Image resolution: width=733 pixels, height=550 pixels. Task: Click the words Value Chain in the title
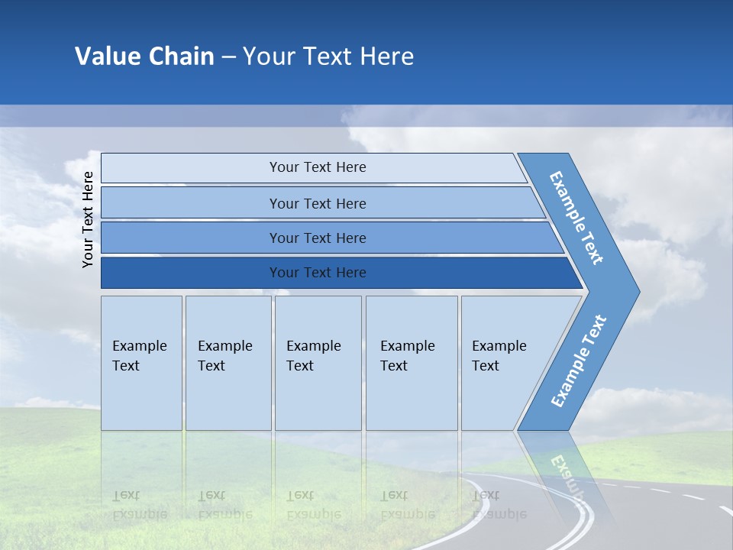[x=144, y=57]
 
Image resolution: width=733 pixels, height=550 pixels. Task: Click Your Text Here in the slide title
[x=328, y=57]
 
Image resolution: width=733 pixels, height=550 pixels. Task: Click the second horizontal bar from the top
[x=317, y=203]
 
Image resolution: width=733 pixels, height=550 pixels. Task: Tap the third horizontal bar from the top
[x=317, y=238]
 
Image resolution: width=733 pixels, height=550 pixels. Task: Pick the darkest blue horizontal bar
[x=317, y=273]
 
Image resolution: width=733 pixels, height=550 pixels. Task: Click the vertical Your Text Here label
[x=88, y=219]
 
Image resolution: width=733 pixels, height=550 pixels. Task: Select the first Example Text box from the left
[x=141, y=363]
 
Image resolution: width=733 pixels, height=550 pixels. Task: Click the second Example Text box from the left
[x=228, y=363]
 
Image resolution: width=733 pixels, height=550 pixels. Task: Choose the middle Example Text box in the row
[x=318, y=363]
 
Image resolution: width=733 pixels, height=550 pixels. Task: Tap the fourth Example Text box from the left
[x=412, y=363]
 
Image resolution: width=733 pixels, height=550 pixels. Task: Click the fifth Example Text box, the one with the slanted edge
[x=504, y=363]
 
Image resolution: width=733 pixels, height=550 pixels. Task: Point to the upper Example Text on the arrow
[x=576, y=218]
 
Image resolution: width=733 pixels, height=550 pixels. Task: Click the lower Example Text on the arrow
[x=578, y=361]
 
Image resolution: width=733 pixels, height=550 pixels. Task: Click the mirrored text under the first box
[x=139, y=504]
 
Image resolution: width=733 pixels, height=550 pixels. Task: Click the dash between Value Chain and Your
[x=228, y=57]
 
